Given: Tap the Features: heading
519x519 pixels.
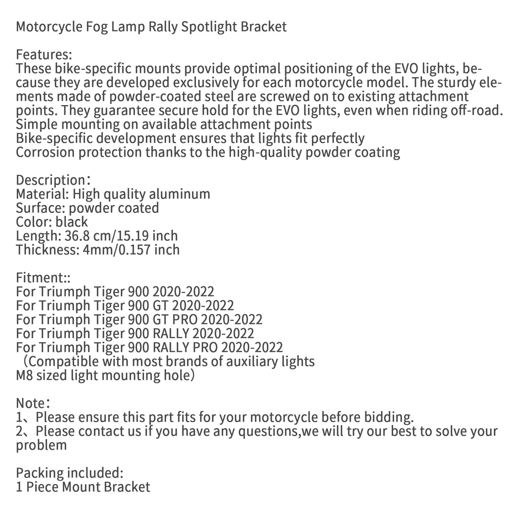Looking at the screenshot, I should (43, 55).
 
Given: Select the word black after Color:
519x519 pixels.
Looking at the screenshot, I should (72, 222).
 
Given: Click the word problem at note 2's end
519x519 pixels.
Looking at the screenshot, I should (42, 445).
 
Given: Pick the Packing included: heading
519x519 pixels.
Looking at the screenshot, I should (70, 473).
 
